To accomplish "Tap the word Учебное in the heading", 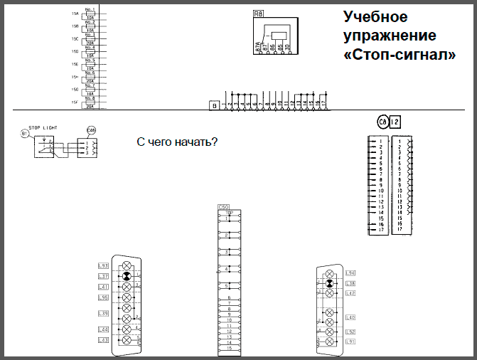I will coord(376,16).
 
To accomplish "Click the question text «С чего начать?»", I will coord(176,142).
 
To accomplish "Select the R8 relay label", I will coord(259,13).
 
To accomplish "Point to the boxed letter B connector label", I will coord(213,105).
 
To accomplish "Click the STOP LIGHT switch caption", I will coord(44,128).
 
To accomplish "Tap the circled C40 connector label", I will coord(90,132).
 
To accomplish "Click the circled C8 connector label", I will coord(382,122).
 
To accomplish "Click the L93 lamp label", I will coord(103,266).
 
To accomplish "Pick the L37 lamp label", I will coord(103,276).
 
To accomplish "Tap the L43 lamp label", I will coord(103,340).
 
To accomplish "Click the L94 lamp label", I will coord(350,273).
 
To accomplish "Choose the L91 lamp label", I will coord(350,342).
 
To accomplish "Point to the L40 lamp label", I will coord(350,317).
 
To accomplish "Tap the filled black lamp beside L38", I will coord(329,283).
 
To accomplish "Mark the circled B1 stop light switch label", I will coord(24,133).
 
